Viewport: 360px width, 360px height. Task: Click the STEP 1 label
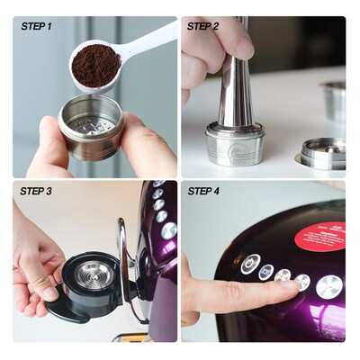[36, 26]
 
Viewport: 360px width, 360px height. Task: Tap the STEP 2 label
[202, 26]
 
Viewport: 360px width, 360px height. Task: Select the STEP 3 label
[36, 191]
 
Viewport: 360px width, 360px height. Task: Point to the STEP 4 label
[203, 191]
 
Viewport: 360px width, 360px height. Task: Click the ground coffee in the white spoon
[94, 65]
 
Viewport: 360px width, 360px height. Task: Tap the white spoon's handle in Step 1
[153, 38]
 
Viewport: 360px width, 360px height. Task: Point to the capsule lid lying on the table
[322, 154]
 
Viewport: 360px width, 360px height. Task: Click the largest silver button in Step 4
[328, 286]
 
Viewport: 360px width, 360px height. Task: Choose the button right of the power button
[265, 272]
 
